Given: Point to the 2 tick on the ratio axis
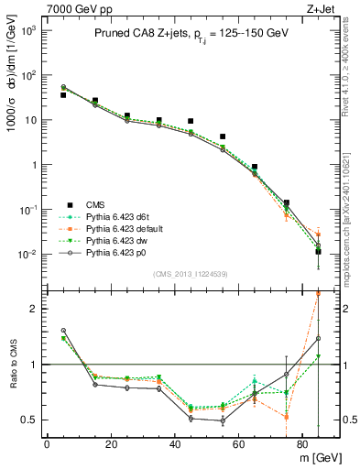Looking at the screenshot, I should (x=32, y=309).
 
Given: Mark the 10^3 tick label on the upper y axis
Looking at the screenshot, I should (x=27, y=31).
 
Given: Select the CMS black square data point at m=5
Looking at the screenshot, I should (x=63, y=95).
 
